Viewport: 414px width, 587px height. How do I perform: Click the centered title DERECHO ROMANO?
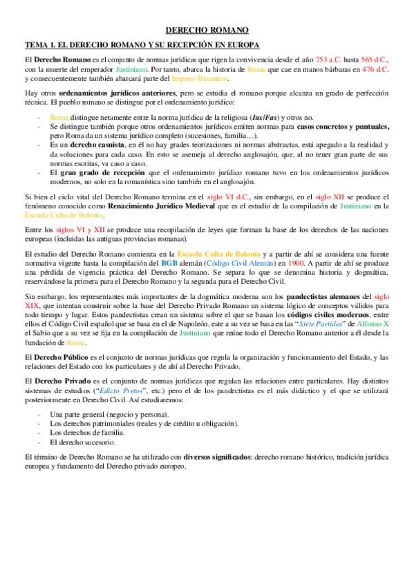207,30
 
